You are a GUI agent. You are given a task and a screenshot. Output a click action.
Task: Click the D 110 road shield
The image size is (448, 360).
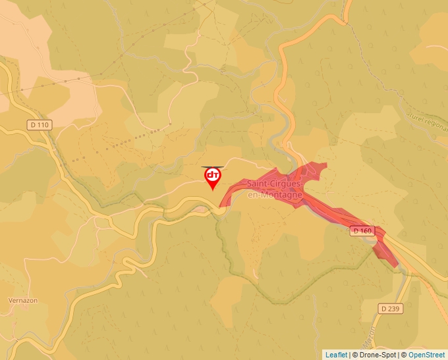click(x=40, y=124)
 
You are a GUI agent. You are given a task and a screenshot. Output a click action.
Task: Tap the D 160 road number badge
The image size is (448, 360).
click(x=362, y=230)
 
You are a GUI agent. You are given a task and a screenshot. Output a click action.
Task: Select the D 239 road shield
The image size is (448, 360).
click(x=391, y=308)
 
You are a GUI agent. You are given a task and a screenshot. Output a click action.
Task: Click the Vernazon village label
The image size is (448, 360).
click(x=22, y=300)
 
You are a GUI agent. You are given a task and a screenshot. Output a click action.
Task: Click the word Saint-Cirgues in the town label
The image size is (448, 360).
click(x=275, y=186)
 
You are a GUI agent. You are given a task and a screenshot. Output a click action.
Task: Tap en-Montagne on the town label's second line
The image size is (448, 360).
click(x=274, y=195)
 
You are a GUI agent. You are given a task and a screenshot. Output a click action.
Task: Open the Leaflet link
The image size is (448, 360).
click(x=336, y=355)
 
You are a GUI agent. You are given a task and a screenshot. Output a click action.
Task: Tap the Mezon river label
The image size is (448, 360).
click(x=371, y=334)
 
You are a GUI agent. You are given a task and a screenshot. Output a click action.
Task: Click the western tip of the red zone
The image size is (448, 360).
click(x=222, y=204)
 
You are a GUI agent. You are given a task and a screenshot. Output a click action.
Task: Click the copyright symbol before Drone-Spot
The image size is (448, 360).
click(x=354, y=355)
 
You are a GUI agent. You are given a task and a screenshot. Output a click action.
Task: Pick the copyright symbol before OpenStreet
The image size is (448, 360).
click(x=404, y=355)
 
